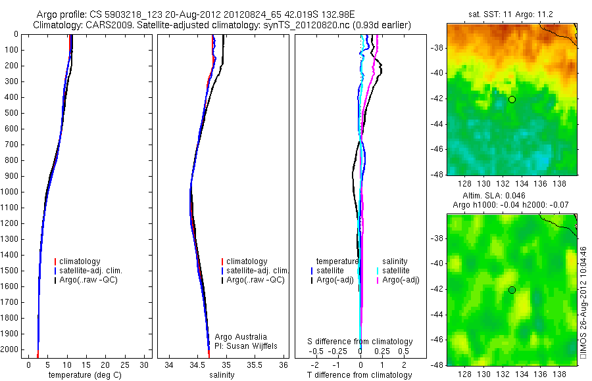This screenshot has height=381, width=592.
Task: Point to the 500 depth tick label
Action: [x=11, y=113]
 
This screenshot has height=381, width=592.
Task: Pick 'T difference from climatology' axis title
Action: [x=360, y=375]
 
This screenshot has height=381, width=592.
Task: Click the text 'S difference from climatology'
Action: [x=360, y=342]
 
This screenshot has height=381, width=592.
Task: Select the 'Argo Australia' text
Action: [x=241, y=337]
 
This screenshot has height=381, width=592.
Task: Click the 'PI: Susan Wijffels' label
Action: [x=246, y=346]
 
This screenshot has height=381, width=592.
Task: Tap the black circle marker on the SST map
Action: [x=512, y=99]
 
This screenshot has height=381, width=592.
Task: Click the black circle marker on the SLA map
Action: [x=512, y=290]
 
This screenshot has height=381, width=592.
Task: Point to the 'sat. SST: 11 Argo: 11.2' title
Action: [x=511, y=14]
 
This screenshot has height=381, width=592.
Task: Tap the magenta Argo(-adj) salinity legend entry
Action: [x=401, y=280]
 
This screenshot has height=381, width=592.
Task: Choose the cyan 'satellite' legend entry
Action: [x=396, y=271]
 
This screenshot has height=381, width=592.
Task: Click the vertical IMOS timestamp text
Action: [x=583, y=302]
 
